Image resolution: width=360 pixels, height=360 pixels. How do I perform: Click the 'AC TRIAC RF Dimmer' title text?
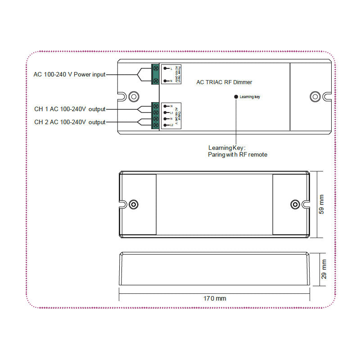tap(225, 82)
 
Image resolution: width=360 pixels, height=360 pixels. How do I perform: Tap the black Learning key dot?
tap(236, 96)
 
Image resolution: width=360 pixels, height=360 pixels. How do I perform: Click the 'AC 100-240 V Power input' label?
tap(69, 74)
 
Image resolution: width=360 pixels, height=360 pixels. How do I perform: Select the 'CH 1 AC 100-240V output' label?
tap(70, 109)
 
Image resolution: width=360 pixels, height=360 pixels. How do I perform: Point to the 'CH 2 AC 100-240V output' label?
tap(70, 122)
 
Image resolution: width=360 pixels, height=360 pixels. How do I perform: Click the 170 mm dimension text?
tap(215, 298)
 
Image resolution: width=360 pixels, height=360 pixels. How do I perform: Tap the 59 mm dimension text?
tap(321, 204)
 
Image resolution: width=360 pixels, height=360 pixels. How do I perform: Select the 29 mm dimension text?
tap(324, 269)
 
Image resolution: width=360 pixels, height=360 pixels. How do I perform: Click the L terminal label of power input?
tap(171, 68)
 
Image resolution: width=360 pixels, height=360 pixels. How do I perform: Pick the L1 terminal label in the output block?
tap(171, 112)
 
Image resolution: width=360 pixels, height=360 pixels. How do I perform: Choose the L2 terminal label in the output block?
tap(171, 125)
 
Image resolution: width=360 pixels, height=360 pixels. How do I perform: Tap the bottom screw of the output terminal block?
tap(156, 125)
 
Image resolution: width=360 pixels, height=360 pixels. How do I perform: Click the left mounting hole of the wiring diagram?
tap(133, 96)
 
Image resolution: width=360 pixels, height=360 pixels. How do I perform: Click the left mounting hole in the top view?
tap(133, 204)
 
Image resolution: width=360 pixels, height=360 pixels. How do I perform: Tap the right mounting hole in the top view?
tap(295, 204)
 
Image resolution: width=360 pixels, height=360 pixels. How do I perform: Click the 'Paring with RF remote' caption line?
tap(237, 155)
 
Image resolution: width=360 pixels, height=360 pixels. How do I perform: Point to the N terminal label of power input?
tap(171, 81)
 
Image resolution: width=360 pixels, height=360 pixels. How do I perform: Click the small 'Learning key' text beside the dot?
tap(250, 97)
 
